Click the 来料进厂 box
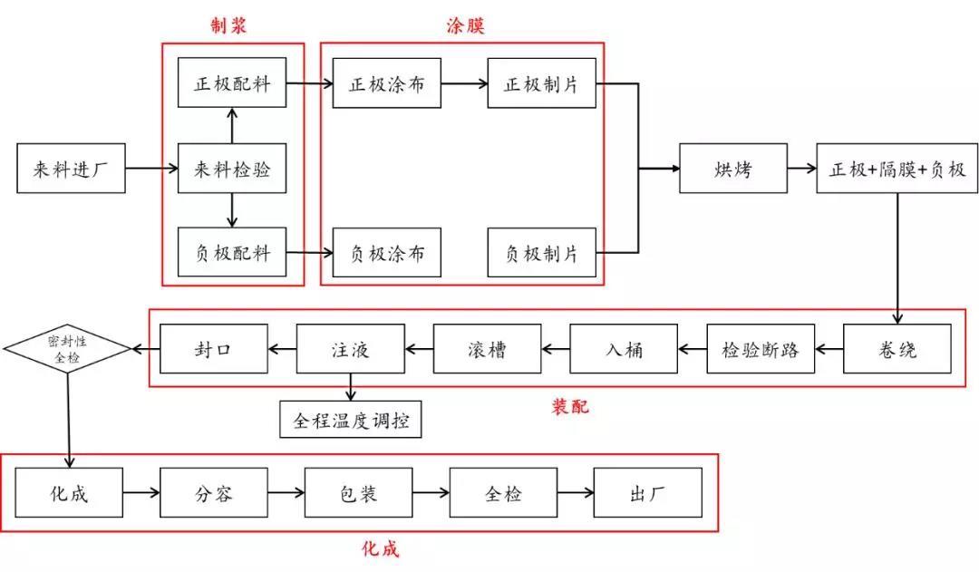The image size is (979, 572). pos(72,169)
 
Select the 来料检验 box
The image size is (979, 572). pos(232,169)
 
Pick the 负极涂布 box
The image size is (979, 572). pos(386,252)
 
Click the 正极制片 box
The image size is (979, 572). pos(541,84)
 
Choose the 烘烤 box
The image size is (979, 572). pos(733,169)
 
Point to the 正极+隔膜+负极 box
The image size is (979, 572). pos(897,169)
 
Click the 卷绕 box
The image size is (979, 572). pos(897,349)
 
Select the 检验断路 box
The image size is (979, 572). pos(761,349)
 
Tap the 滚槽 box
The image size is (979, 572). pos(488,349)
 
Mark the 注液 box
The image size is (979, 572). pos(350,349)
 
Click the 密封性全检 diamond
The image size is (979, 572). pos(68,347)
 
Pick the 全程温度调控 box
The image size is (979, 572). pos(351,421)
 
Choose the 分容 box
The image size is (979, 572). pos(214,493)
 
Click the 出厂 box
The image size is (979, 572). pos(647,493)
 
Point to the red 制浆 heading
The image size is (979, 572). pos(228,25)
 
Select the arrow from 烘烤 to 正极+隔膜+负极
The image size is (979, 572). pos(801,169)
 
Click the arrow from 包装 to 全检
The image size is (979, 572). pos(431,493)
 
